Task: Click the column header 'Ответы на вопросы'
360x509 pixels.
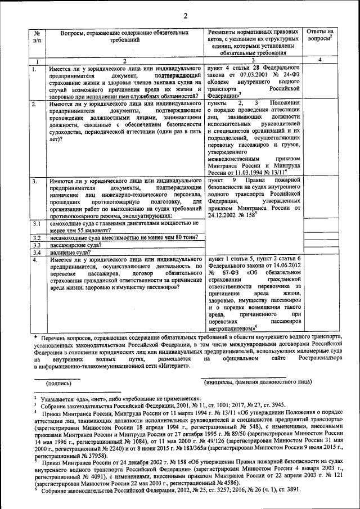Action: tap(320, 36)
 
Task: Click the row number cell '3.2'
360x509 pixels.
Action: tap(37, 238)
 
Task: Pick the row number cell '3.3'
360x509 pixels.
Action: tap(37, 245)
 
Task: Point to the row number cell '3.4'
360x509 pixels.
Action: tap(37, 253)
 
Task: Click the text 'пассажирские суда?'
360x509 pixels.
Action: tap(75, 245)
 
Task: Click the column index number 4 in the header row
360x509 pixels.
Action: tap(320, 60)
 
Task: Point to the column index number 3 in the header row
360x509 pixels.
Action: tap(253, 60)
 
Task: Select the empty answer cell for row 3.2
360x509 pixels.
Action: tap(320, 238)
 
